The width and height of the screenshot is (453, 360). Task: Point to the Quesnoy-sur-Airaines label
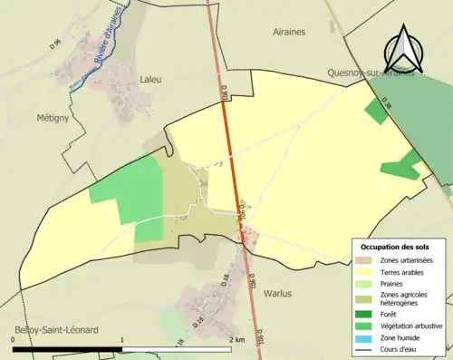[x=372, y=73]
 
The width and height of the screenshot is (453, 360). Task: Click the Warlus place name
[x=279, y=294]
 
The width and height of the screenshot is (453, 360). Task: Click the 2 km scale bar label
[x=238, y=339]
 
